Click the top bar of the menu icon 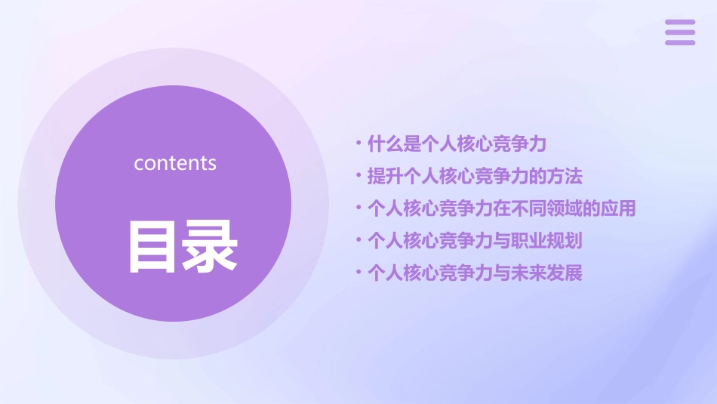tap(679, 23)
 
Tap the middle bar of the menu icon tap(679, 32)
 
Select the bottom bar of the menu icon tap(679, 42)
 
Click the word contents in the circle tap(175, 163)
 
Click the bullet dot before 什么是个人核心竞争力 tap(358, 142)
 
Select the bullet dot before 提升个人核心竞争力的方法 tap(358, 175)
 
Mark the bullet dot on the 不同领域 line tap(358, 208)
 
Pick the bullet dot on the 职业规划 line tap(358, 240)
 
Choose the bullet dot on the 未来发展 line tap(358, 273)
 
